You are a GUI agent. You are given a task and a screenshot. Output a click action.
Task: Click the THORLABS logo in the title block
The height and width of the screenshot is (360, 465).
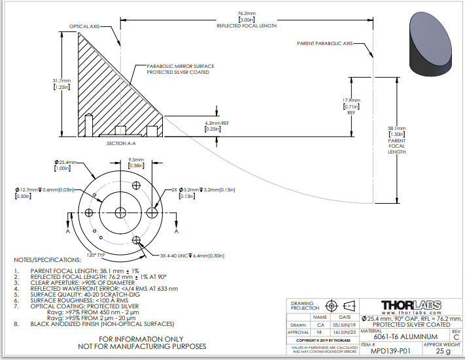pos(411,305)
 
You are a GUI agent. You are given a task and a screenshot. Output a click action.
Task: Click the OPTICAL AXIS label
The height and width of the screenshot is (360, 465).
pos(85,27)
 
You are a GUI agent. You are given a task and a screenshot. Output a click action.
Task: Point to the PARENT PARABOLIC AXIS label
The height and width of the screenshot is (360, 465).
pos(325,43)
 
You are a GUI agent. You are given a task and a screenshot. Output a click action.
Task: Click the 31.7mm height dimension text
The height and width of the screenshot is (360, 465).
pos(61,84)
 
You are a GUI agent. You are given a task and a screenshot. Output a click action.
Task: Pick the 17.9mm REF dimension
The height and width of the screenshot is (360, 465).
pos(351,105)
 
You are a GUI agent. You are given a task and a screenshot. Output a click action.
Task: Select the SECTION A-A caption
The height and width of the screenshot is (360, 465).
pos(121,142)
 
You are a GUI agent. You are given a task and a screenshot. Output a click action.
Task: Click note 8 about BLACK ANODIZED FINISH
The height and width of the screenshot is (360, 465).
pos(103,323)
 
